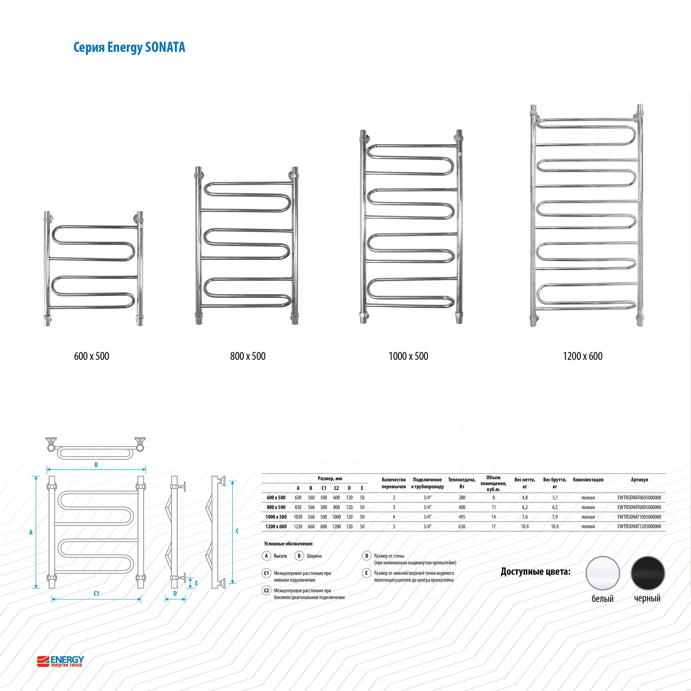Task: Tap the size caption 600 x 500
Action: [x=92, y=356]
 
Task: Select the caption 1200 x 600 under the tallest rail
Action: [x=583, y=356]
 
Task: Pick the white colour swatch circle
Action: [x=603, y=573]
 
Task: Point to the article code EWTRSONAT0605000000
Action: [x=639, y=498]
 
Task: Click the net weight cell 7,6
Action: [x=525, y=517]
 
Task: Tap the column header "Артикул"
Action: [x=639, y=480]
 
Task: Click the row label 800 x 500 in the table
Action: [x=276, y=507]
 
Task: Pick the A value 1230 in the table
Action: [x=298, y=527]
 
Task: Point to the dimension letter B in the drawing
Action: [x=96, y=465]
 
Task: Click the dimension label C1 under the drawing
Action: [x=96, y=593]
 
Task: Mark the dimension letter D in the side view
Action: [x=175, y=593]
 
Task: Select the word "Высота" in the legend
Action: [x=280, y=556]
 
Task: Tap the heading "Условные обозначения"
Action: [x=288, y=544]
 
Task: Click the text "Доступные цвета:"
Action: [x=535, y=572]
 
